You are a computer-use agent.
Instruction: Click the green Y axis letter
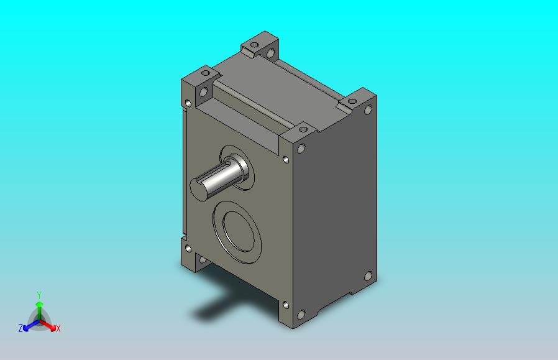[x=39, y=295]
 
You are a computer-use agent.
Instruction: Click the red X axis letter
[x=58, y=329]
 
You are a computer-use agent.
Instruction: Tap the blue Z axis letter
[x=21, y=328]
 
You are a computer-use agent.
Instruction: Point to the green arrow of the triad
[x=39, y=310]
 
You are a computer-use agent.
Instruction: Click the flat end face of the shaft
[x=198, y=190]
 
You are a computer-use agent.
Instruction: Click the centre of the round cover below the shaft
[x=237, y=232]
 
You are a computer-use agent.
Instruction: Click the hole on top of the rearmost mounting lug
[x=254, y=45]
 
